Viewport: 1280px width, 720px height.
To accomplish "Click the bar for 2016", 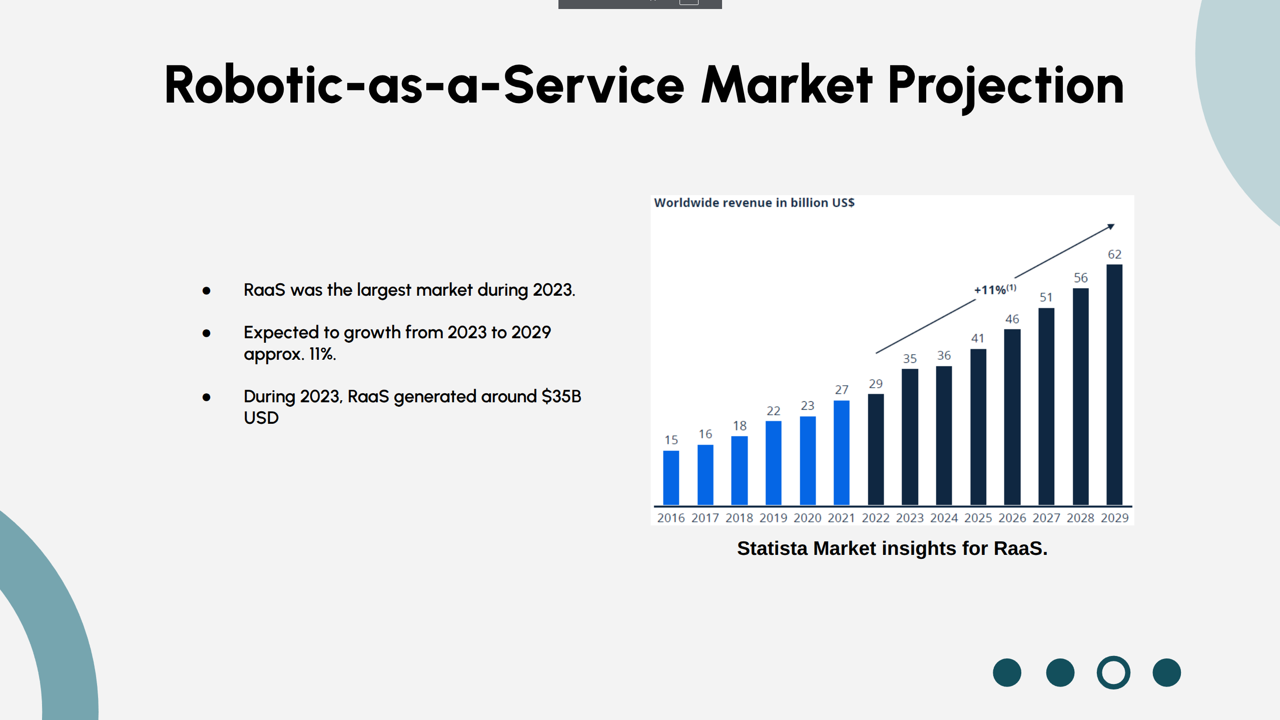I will click(671, 478).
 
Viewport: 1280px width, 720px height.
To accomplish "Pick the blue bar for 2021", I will click(841, 452).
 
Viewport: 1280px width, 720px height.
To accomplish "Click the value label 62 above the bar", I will click(1114, 254).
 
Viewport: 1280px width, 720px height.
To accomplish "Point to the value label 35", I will click(909, 359).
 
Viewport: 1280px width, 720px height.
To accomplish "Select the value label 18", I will click(739, 426).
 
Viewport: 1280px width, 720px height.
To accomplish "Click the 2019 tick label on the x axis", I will click(773, 518).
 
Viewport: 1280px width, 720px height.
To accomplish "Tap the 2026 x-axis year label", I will click(1012, 518).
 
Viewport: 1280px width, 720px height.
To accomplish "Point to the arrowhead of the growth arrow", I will click(1110, 227).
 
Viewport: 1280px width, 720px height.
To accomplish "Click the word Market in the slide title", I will click(786, 85).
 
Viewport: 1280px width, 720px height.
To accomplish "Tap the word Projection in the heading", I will click(1006, 86).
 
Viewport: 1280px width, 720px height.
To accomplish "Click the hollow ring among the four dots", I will click(1113, 672).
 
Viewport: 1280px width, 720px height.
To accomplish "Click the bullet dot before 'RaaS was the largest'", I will click(206, 290).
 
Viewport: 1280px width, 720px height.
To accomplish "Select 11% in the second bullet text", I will click(322, 354).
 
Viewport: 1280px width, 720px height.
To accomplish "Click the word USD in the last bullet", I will click(261, 418).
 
